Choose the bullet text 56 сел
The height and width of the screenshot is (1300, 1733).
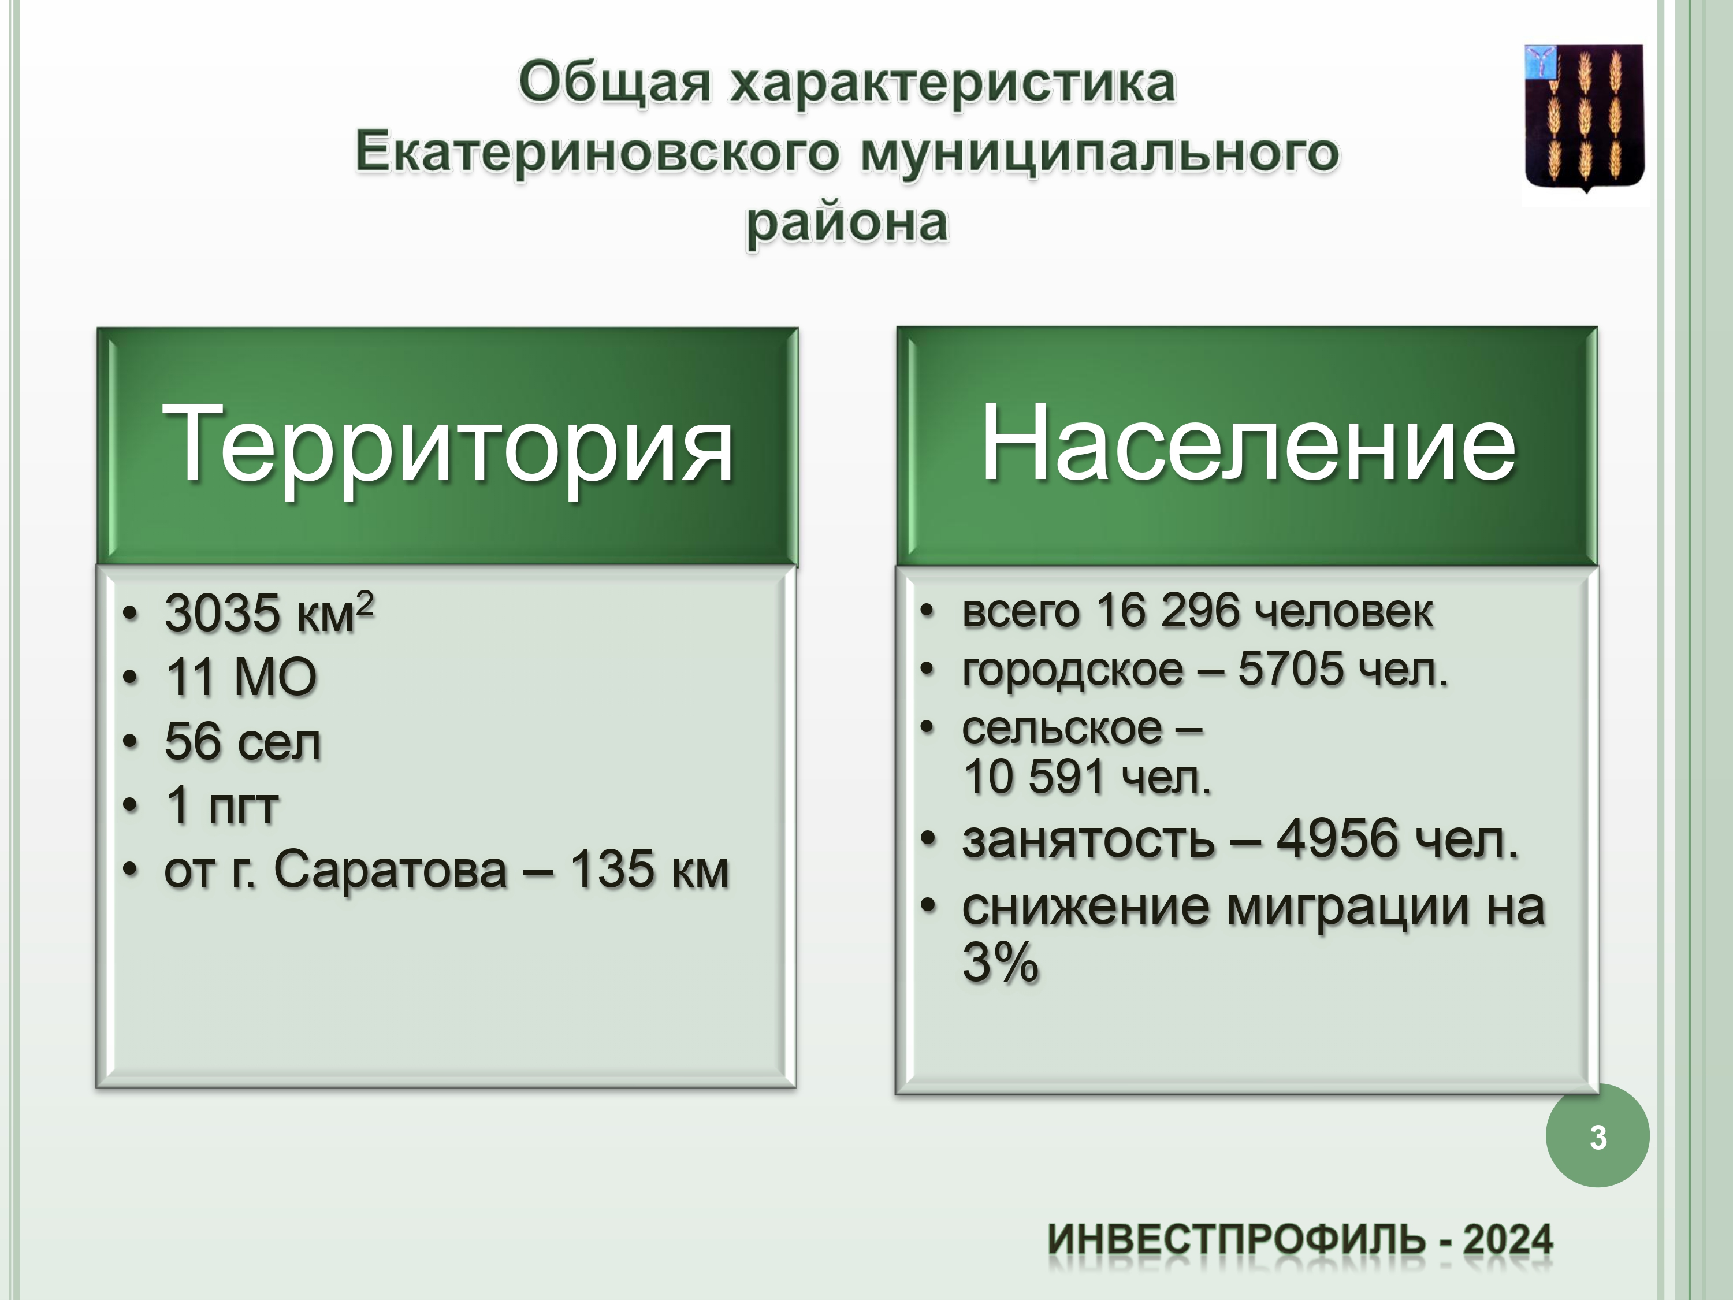(243, 741)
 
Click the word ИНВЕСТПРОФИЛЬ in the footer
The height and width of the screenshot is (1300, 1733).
(1236, 1240)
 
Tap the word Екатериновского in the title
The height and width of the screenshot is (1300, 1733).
(597, 153)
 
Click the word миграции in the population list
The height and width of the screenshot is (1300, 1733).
(1347, 909)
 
